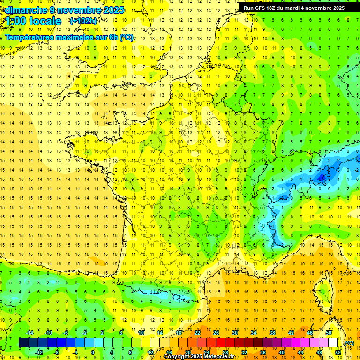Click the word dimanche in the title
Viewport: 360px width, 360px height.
(x=26, y=10)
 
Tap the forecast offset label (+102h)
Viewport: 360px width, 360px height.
(x=83, y=21)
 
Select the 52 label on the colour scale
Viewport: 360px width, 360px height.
(x=338, y=352)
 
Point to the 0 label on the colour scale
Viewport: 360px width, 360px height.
(x=93, y=352)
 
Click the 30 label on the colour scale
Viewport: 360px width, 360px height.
(x=234, y=333)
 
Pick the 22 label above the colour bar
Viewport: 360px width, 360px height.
(x=197, y=333)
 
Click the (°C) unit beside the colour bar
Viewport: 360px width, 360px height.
(x=349, y=343)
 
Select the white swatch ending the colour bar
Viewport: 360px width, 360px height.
(x=333, y=343)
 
